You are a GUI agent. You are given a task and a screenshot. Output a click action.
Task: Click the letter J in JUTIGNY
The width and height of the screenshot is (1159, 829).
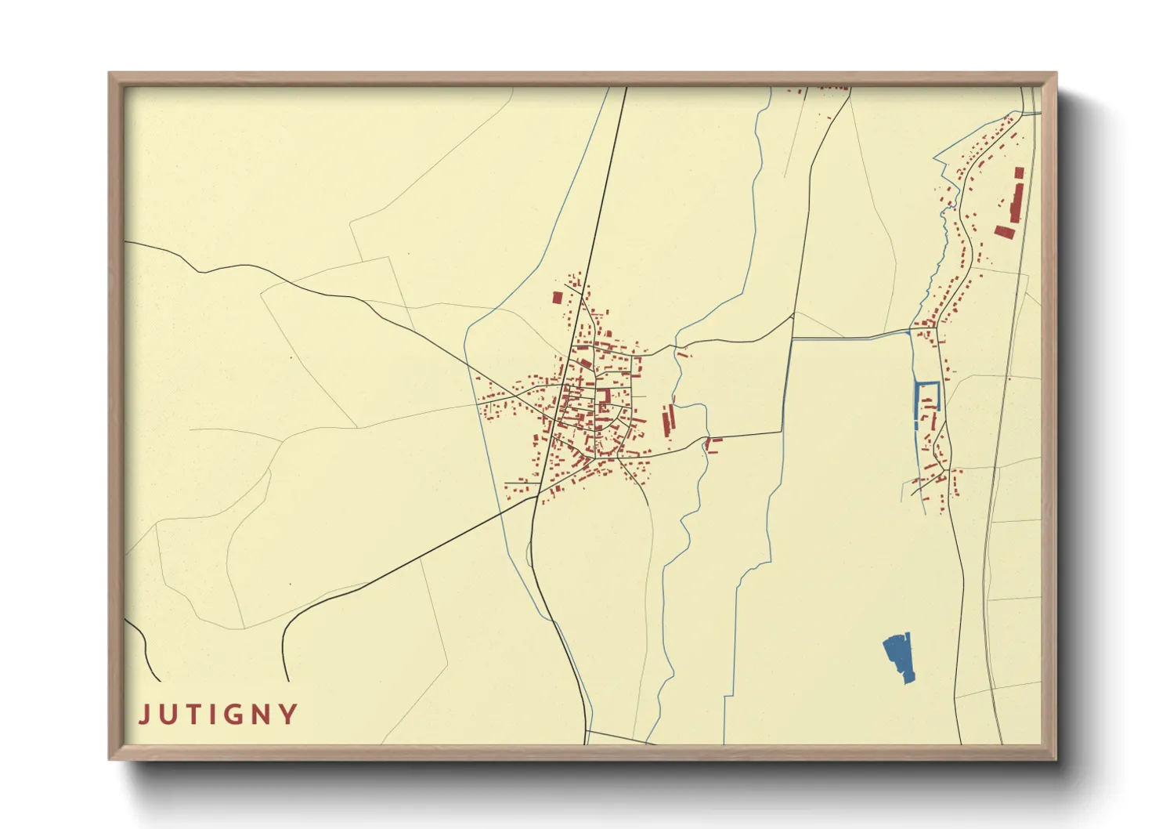coord(145,715)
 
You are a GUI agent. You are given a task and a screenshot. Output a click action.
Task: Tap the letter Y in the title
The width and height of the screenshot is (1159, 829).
coord(290,715)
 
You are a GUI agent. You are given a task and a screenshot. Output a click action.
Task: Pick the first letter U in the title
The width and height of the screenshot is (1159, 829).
coord(168,715)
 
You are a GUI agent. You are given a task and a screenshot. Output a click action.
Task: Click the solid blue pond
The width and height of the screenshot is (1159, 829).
coord(900,657)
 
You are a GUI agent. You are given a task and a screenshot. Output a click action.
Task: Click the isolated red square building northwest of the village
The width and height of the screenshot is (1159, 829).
coord(558,298)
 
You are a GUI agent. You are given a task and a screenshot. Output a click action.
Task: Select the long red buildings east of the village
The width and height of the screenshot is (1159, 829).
coord(669,419)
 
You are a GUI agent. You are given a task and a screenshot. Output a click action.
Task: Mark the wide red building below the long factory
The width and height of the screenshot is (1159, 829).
coord(1004,231)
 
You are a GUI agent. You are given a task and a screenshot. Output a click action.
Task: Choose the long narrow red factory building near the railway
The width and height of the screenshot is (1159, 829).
coord(1016,201)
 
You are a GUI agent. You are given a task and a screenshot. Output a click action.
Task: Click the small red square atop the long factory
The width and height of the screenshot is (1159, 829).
coord(1019,172)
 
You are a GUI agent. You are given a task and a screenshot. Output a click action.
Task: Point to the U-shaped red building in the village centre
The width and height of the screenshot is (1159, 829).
coord(605,397)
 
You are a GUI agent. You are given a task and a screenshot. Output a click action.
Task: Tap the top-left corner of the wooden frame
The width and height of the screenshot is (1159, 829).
coord(110,74)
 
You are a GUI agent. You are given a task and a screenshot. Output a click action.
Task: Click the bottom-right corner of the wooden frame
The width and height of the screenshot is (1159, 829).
coord(1055,758)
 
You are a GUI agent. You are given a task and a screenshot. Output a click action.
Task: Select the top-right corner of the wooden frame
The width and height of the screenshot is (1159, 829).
coord(1055,74)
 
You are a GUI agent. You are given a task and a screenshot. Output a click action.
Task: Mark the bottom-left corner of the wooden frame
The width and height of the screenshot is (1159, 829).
coord(110,758)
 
